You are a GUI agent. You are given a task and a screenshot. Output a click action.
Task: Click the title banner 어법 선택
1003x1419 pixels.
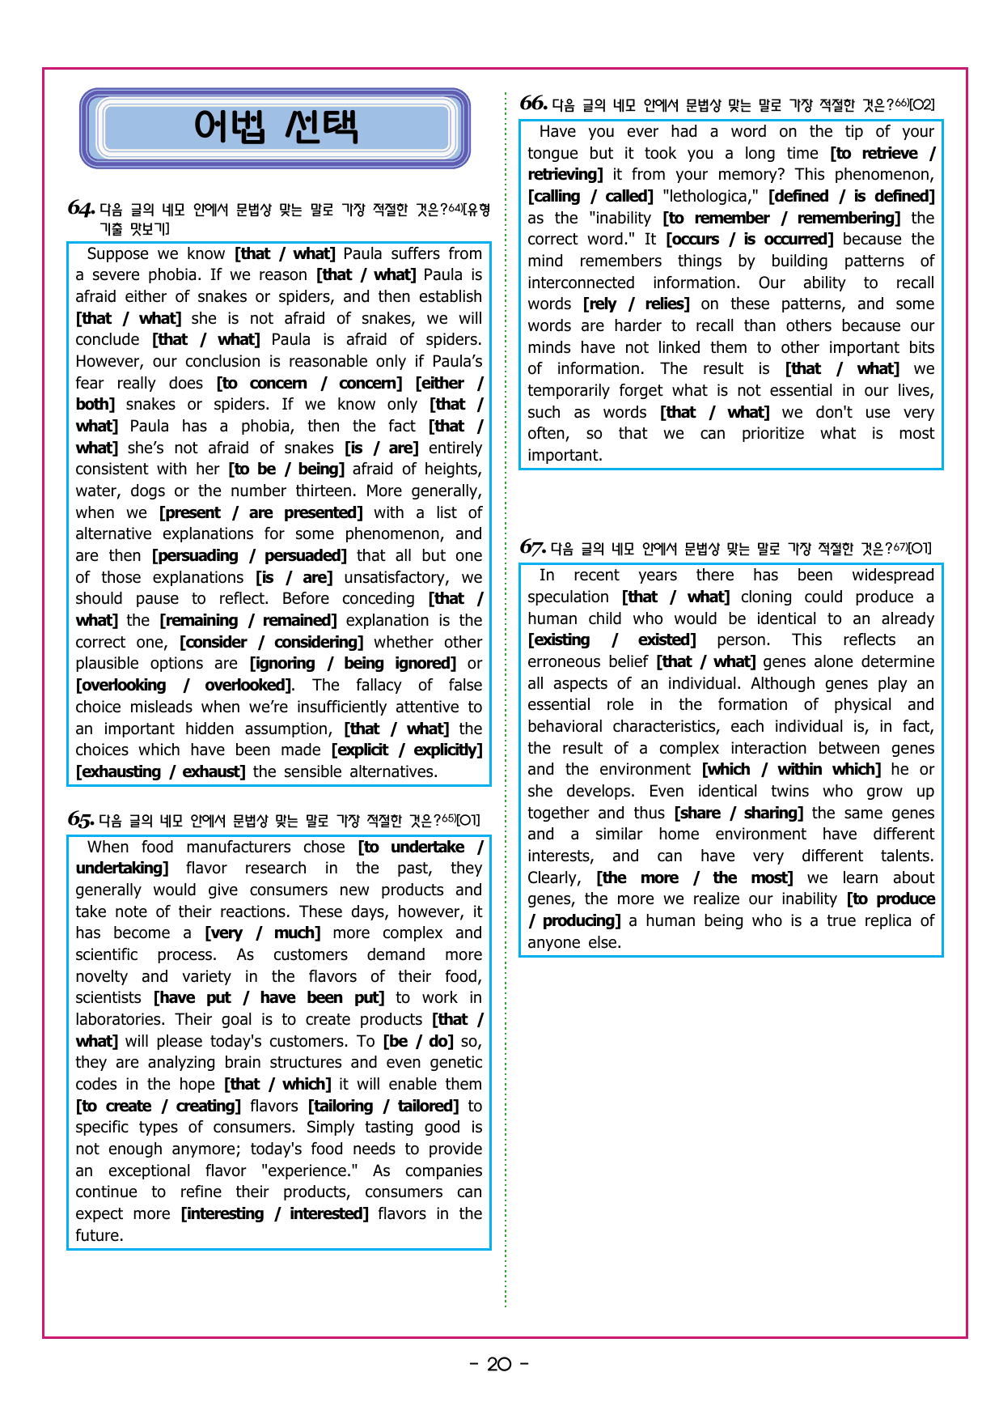pos(275,128)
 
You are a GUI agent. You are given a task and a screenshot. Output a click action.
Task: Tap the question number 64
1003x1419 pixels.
pos(81,209)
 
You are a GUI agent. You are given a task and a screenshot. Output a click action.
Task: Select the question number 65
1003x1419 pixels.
pos(81,819)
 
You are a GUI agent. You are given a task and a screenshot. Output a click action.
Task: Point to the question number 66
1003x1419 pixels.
pos(533,104)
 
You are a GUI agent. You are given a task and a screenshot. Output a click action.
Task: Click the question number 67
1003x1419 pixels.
pos(532,548)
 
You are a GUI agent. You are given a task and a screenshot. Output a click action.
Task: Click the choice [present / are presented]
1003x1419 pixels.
pos(260,512)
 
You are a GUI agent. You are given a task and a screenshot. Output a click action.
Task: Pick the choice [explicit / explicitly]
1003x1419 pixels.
pos(407,750)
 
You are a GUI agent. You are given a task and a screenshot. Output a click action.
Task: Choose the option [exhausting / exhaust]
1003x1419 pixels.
pos(160,771)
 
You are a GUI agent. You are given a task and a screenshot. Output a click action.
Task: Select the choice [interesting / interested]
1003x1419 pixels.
pos(274,1213)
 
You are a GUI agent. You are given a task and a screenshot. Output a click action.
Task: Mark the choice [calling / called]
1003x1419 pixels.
pos(590,196)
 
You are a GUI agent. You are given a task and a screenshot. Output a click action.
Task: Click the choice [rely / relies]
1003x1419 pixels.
pos(636,304)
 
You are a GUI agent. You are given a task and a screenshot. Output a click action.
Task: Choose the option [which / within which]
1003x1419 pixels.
pos(791,769)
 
